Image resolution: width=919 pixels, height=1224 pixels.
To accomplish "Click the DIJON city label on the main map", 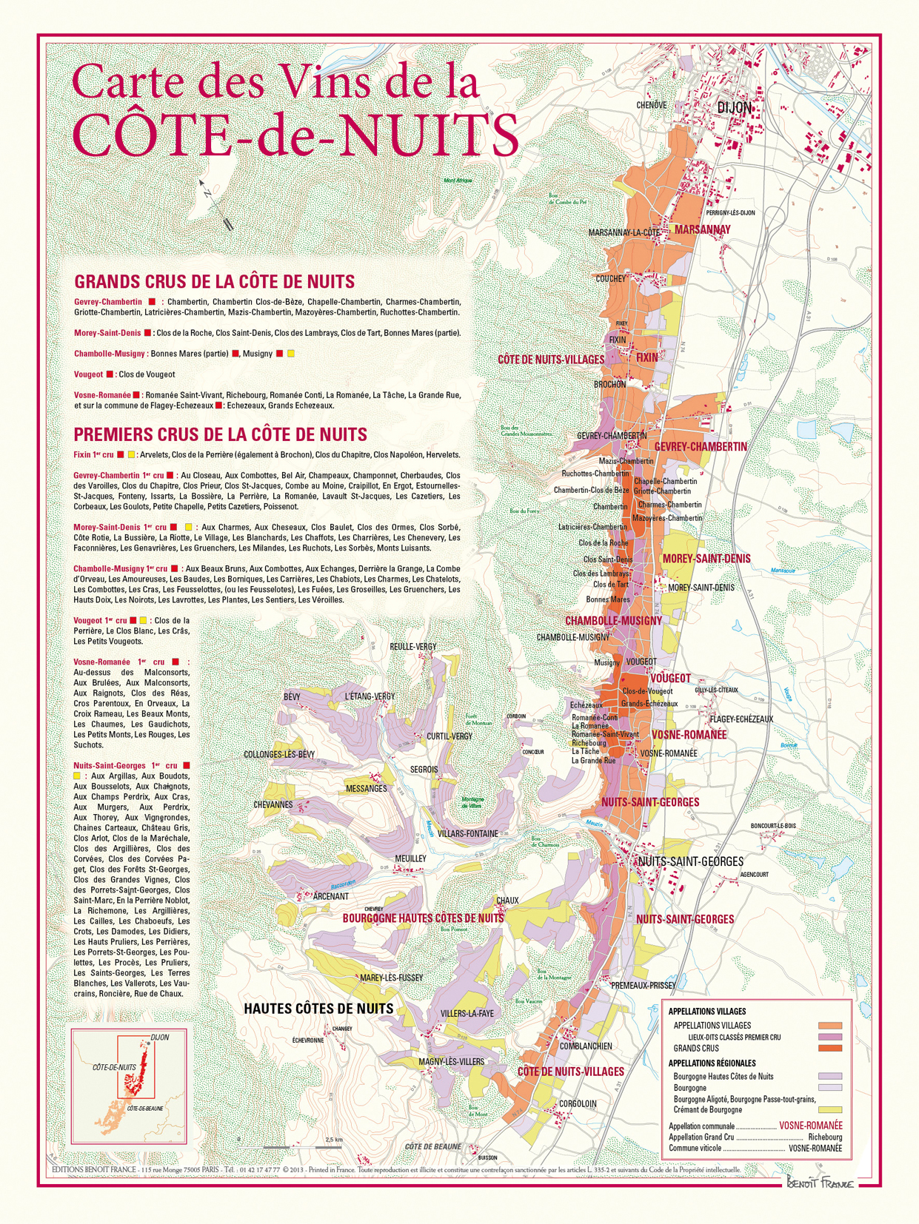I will tap(734, 108).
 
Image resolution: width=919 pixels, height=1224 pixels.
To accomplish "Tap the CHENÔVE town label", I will tap(651, 106).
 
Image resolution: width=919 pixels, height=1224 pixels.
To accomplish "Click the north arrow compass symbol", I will tap(215, 204).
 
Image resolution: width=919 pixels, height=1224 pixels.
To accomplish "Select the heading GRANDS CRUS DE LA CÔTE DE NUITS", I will tap(214, 282).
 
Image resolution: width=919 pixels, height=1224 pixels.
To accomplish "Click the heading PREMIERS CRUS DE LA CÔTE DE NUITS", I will tap(220, 434).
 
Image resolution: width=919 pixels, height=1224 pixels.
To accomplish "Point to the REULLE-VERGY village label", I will tap(413, 647).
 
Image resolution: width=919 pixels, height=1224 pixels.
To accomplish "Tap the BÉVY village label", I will tap(292, 697).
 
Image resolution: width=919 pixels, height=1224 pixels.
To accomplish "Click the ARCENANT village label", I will tap(330, 896).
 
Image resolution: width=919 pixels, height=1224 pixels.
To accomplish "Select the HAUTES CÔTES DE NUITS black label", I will tap(318, 1009).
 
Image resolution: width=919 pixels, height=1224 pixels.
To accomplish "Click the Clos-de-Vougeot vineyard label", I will tap(647, 691).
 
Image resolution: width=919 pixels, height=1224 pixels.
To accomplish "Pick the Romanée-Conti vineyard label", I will tap(594, 717).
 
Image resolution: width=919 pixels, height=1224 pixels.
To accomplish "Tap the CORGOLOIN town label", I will tap(578, 1103).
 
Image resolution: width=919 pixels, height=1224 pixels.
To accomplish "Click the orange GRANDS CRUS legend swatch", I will tap(830, 1048).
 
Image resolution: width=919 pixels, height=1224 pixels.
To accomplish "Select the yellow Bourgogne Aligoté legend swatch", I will tap(830, 1109).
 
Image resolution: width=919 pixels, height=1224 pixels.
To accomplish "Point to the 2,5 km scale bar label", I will tap(333, 1140).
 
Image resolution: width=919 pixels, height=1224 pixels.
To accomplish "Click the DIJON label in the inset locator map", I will tap(159, 1038).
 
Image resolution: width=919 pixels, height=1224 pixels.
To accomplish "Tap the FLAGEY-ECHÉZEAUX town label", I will tap(741, 719).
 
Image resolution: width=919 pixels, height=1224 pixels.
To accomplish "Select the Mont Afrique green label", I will tap(458, 181).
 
